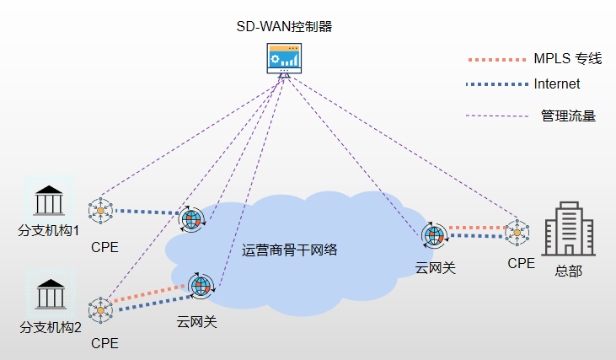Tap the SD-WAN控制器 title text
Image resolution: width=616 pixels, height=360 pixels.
tap(284, 26)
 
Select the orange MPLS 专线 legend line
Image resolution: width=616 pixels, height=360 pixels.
tap(495, 60)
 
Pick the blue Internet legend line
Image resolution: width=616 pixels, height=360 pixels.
tap(495, 85)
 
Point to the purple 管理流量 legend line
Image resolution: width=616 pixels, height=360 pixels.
tap(495, 116)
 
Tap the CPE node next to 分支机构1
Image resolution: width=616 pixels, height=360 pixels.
tap(101, 211)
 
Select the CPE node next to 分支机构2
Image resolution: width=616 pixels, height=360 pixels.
tap(100, 310)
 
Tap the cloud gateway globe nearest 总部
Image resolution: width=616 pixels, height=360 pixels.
tap(434, 236)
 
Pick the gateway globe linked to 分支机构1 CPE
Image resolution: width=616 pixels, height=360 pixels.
tap(193, 220)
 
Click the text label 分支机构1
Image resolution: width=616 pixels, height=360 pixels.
tap(48, 230)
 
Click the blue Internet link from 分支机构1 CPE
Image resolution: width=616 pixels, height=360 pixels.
tap(147, 212)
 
